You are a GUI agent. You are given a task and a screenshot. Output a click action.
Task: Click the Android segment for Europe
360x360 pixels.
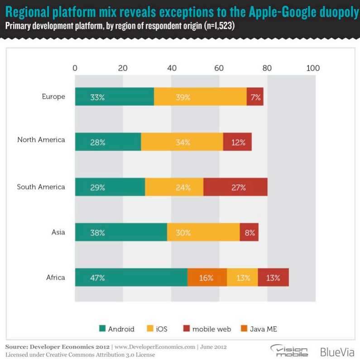point(114,97)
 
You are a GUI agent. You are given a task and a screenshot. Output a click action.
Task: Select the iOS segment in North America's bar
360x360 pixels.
point(182,142)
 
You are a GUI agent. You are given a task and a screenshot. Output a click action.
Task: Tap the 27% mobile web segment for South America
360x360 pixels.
point(235,187)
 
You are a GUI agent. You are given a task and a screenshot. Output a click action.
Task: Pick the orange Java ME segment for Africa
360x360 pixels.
point(207,278)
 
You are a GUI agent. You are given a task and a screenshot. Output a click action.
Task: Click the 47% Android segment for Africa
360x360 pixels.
point(131,278)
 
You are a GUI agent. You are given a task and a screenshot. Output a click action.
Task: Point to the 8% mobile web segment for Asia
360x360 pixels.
point(249,232)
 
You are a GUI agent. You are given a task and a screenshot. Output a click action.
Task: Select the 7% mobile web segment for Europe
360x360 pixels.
point(255,97)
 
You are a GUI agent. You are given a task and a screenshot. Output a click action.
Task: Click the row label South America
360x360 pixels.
point(41,187)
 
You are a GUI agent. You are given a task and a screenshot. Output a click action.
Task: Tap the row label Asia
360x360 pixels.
point(58,232)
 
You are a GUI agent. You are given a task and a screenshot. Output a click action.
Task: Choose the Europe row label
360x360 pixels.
point(53,96)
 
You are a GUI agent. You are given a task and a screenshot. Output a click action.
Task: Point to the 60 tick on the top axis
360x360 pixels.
point(219,68)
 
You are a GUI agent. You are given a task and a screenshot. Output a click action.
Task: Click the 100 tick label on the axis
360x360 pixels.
point(313,68)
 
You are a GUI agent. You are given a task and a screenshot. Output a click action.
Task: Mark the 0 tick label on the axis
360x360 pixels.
point(75,68)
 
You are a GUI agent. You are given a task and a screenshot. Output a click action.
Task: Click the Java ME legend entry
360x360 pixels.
point(265,329)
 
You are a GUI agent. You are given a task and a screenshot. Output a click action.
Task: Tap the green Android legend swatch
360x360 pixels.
point(102,329)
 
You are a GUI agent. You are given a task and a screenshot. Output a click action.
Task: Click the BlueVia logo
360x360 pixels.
point(337,351)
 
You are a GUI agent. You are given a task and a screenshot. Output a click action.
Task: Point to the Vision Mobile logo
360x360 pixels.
point(290,351)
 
